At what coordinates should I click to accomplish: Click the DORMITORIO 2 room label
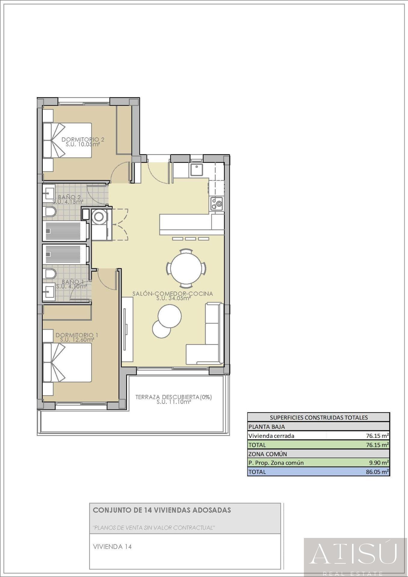click(83, 140)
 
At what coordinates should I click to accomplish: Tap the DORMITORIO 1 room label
click(77, 335)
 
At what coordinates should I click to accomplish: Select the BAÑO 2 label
click(69, 197)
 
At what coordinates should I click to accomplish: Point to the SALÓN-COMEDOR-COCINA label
click(173, 294)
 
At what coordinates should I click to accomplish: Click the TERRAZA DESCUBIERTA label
click(173, 397)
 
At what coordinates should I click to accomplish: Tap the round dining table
click(187, 267)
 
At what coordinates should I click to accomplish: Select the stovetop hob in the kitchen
click(217, 203)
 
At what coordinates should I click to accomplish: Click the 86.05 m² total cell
click(377, 472)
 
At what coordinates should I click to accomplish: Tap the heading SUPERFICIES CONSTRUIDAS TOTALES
click(319, 417)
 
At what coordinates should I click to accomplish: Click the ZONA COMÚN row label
click(267, 454)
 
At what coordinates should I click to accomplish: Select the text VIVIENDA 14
click(112, 547)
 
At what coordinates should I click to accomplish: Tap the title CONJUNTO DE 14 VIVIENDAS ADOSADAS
click(162, 510)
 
